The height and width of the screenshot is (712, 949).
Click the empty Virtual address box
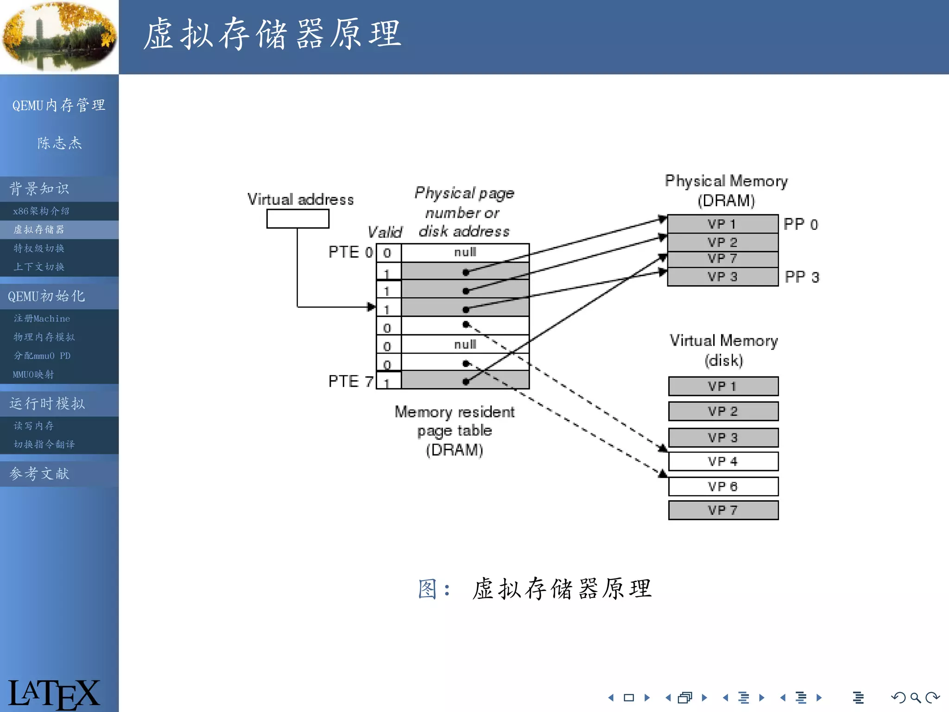297,219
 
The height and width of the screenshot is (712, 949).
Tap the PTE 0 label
350,252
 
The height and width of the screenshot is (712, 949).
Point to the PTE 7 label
350,381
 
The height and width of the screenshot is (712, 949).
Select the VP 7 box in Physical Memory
722,259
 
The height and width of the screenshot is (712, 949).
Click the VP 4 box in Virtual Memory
723,461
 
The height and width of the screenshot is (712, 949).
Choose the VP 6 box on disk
723,486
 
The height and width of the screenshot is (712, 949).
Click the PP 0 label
800,224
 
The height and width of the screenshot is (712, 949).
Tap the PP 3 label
802,277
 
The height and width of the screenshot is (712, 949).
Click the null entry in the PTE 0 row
465,252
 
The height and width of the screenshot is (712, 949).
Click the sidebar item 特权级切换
39,248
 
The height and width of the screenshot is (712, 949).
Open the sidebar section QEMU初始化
46,296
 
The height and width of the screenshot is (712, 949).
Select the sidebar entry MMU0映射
33,374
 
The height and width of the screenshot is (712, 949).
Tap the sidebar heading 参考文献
39,473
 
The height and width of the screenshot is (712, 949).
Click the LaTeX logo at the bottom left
53,693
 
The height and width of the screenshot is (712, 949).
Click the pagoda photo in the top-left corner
59,37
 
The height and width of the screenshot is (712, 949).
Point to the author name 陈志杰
59,143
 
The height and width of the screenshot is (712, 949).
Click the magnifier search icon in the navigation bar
915,697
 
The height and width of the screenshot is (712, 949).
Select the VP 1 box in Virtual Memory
723,386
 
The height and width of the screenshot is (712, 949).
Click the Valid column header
385,232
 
